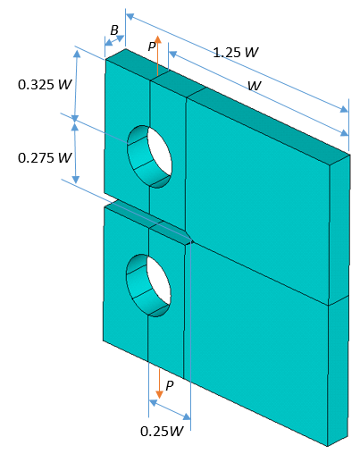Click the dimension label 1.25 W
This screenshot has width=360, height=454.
(x=236, y=53)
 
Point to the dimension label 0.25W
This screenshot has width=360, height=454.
(x=162, y=430)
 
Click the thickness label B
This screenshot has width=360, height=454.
(x=114, y=30)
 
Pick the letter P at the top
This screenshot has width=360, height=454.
(x=152, y=45)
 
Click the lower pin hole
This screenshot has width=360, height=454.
(x=149, y=285)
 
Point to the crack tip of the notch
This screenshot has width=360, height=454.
(x=191, y=240)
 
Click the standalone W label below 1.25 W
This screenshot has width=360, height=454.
(x=255, y=86)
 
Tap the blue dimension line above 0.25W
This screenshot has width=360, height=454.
(x=170, y=409)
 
